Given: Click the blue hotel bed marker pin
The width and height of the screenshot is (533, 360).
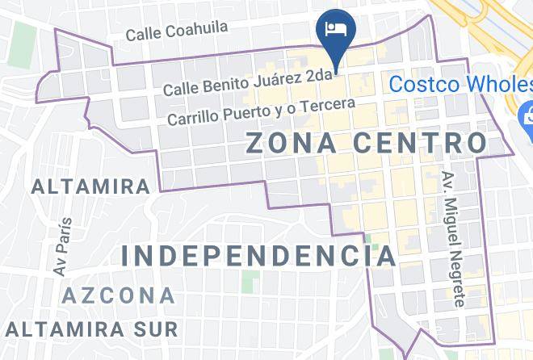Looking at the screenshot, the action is [x=334, y=30].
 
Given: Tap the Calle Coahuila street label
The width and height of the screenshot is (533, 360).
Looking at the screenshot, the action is [x=177, y=31].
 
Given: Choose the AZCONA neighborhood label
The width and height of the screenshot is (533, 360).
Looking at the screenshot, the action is [x=119, y=295].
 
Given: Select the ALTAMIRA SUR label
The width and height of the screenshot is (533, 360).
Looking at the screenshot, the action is [x=90, y=329].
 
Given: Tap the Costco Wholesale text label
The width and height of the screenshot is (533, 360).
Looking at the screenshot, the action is [x=460, y=84].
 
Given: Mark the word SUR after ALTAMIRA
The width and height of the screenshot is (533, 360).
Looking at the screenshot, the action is [x=155, y=329].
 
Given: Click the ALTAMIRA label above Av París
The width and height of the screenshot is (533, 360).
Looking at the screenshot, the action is [x=90, y=187].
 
